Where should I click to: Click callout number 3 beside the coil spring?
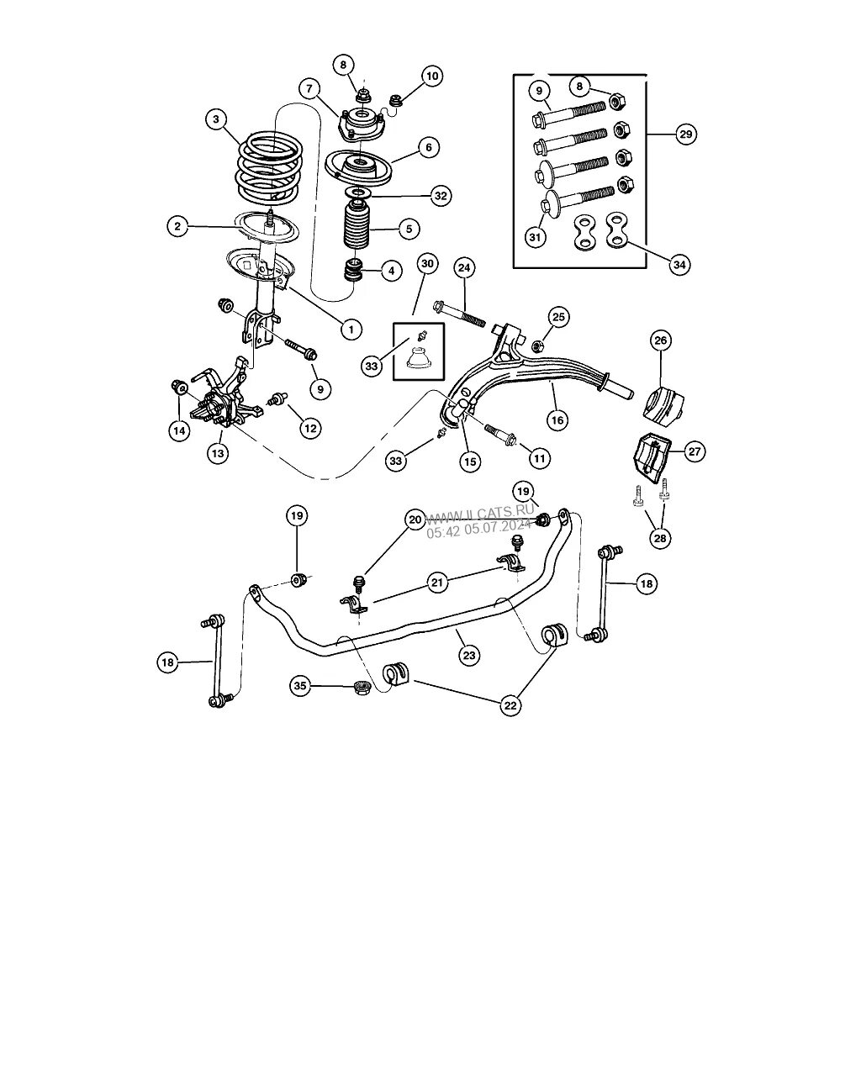click(216, 120)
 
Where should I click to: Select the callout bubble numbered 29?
click(685, 134)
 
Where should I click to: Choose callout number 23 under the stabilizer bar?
click(469, 655)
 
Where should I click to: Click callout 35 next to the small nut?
click(300, 687)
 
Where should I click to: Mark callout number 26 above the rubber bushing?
click(660, 340)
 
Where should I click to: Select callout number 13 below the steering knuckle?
click(218, 453)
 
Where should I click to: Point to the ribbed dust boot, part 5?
click(356, 229)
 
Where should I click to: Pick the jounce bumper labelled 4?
click(353, 272)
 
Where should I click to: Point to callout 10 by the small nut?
click(431, 76)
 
